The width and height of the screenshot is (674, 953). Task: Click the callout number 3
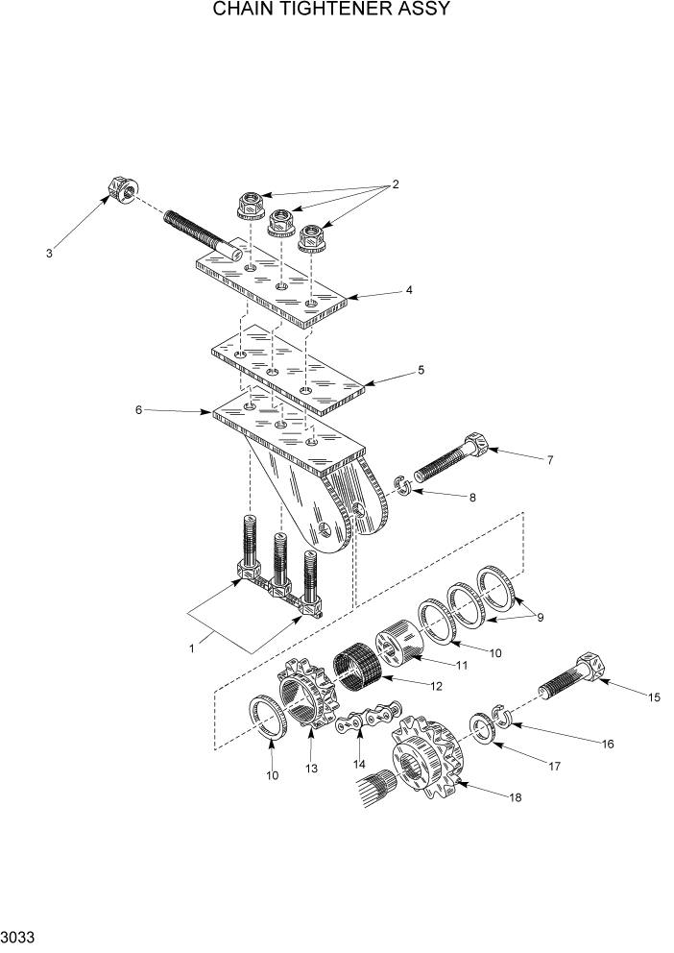tap(49, 254)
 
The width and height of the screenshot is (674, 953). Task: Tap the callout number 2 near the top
tap(394, 184)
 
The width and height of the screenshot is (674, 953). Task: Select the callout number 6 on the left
tap(138, 409)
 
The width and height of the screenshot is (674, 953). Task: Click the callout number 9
tap(540, 617)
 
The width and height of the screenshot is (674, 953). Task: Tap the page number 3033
tap(19, 935)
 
